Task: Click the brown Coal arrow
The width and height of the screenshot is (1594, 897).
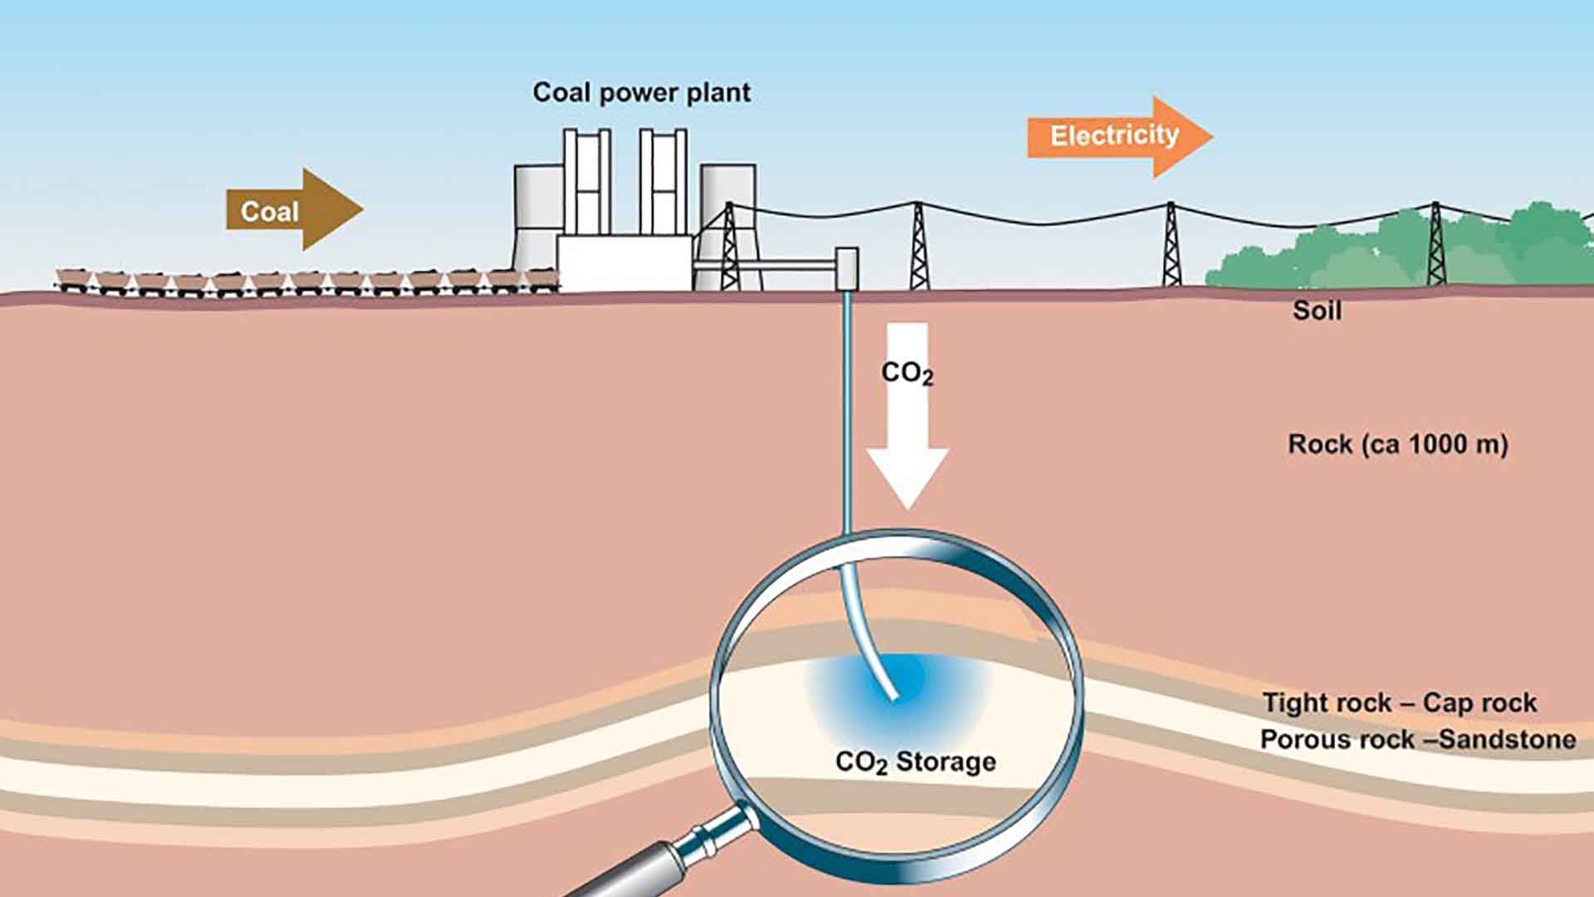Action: pyautogui.click(x=291, y=211)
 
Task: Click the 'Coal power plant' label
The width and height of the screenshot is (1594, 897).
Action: pyautogui.click(x=641, y=92)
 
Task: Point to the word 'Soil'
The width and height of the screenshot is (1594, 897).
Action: pyautogui.click(x=1317, y=311)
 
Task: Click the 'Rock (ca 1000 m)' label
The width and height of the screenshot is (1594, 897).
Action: pyautogui.click(x=1397, y=444)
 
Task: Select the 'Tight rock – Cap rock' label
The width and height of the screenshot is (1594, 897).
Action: pyautogui.click(x=1400, y=703)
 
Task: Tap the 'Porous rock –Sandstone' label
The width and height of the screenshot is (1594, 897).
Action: pyautogui.click(x=1417, y=739)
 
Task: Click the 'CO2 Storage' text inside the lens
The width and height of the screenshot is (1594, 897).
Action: pyautogui.click(x=915, y=762)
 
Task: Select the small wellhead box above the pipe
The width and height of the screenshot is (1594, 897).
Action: pyautogui.click(x=846, y=267)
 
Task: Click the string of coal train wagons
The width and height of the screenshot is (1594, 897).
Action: pyautogui.click(x=307, y=281)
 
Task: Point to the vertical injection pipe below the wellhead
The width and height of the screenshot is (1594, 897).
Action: pyautogui.click(x=847, y=415)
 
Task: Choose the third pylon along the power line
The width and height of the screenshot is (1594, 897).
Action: pyautogui.click(x=1171, y=246)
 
